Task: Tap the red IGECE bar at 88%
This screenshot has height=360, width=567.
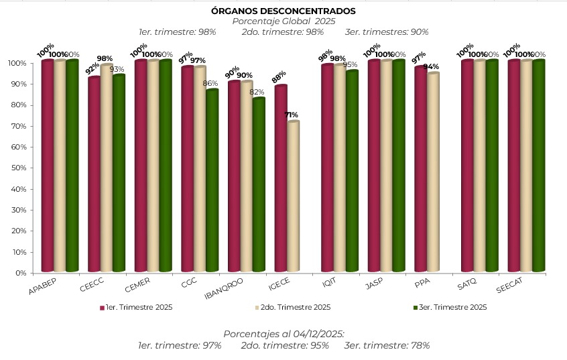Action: pos(281,178)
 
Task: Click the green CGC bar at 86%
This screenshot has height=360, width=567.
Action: pos(212,180)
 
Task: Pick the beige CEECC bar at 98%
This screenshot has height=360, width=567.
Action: pos(107,168)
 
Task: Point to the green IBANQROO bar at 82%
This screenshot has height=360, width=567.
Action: pos(259,184)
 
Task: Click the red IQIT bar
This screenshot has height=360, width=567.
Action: pos(327,168)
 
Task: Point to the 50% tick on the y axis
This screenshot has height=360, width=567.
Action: pos(17,168)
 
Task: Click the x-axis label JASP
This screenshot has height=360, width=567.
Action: pos(373,284)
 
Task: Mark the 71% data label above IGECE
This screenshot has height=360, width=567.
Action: pos(292,115)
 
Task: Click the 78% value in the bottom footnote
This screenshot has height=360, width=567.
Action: pos(420,345)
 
